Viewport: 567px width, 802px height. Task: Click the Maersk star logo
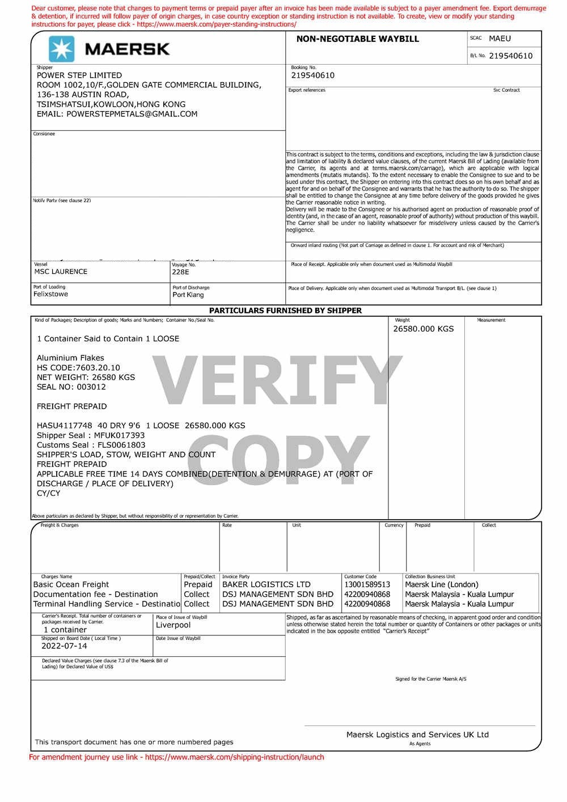61,49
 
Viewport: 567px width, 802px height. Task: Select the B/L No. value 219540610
510,56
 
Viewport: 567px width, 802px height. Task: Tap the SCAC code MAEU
500,39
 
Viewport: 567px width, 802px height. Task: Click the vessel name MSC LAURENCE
61,271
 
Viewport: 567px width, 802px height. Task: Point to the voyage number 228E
180,272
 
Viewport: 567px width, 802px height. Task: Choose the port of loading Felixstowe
50,294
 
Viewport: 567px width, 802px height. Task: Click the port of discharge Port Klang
188,295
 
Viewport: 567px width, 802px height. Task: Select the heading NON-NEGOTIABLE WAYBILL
357,39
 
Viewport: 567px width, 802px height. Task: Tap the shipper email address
117,114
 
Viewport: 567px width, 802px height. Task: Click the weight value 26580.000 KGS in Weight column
423,329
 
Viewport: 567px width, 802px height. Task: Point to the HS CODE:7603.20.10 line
78,368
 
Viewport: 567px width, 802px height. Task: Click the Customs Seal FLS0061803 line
91,445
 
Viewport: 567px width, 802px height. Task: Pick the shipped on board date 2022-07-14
64,646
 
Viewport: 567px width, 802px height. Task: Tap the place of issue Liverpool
173,625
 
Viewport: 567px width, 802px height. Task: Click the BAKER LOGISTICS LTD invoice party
266,584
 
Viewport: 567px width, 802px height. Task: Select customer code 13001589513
367,584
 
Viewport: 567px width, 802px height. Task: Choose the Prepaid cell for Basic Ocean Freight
198,584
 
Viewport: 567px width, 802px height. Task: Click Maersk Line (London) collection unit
441,584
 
